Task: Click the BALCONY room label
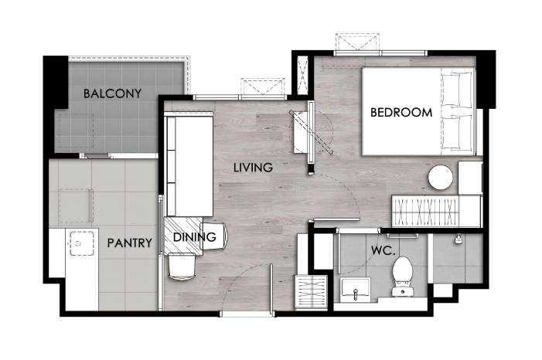point(112,93)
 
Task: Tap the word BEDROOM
point(401,112)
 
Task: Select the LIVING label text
point(254,168)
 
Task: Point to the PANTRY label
point(130,243)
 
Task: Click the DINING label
point(195,237)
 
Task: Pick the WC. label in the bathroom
point(383,250)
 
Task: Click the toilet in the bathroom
point(403,276)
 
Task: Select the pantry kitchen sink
point(82,243)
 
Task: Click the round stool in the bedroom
point(441,177)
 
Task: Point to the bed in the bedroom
point(419,111)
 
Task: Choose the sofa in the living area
point(189,166)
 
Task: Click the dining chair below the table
point(182,266)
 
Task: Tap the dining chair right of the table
point(215,236)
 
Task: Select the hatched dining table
point(183,236)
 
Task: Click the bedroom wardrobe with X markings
point(425,210)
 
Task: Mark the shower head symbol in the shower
point(458,239)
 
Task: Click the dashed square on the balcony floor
point(77,131)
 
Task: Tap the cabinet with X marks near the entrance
point(311,291)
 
